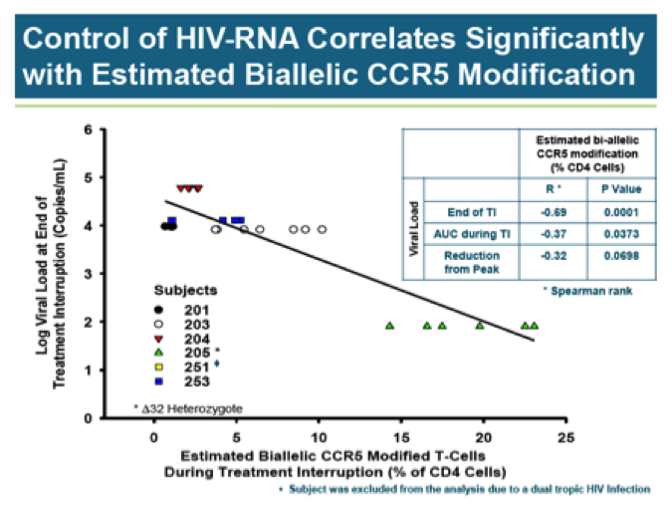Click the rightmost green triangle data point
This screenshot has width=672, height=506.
coord(535,326)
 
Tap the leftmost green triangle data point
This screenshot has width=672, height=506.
coord(390,326)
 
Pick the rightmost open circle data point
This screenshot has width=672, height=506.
coord(323,229)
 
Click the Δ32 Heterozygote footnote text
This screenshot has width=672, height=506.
coord(188,407)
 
